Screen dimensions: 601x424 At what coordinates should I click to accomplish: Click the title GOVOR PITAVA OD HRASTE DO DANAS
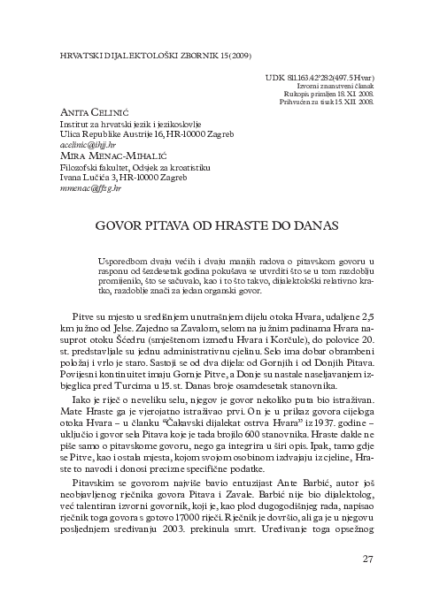pyautogui.click(x=212, y=225)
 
